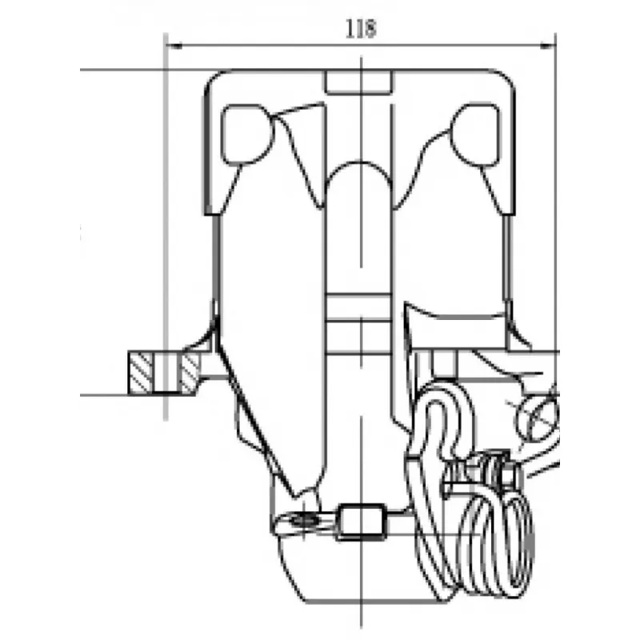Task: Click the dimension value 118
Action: coord(361,29)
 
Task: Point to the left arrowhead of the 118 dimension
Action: coord(174,46)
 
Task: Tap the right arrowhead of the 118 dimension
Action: coord(547,46)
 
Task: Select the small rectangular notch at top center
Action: coord(359,82)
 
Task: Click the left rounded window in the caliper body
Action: coord(247,134)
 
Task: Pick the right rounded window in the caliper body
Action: coord(475,134)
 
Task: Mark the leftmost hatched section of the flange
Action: coord(141,373)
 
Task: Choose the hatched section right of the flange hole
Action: coord(190,373)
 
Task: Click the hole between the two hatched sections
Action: coord(166,373)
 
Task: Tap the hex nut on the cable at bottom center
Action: coord(362,522)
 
